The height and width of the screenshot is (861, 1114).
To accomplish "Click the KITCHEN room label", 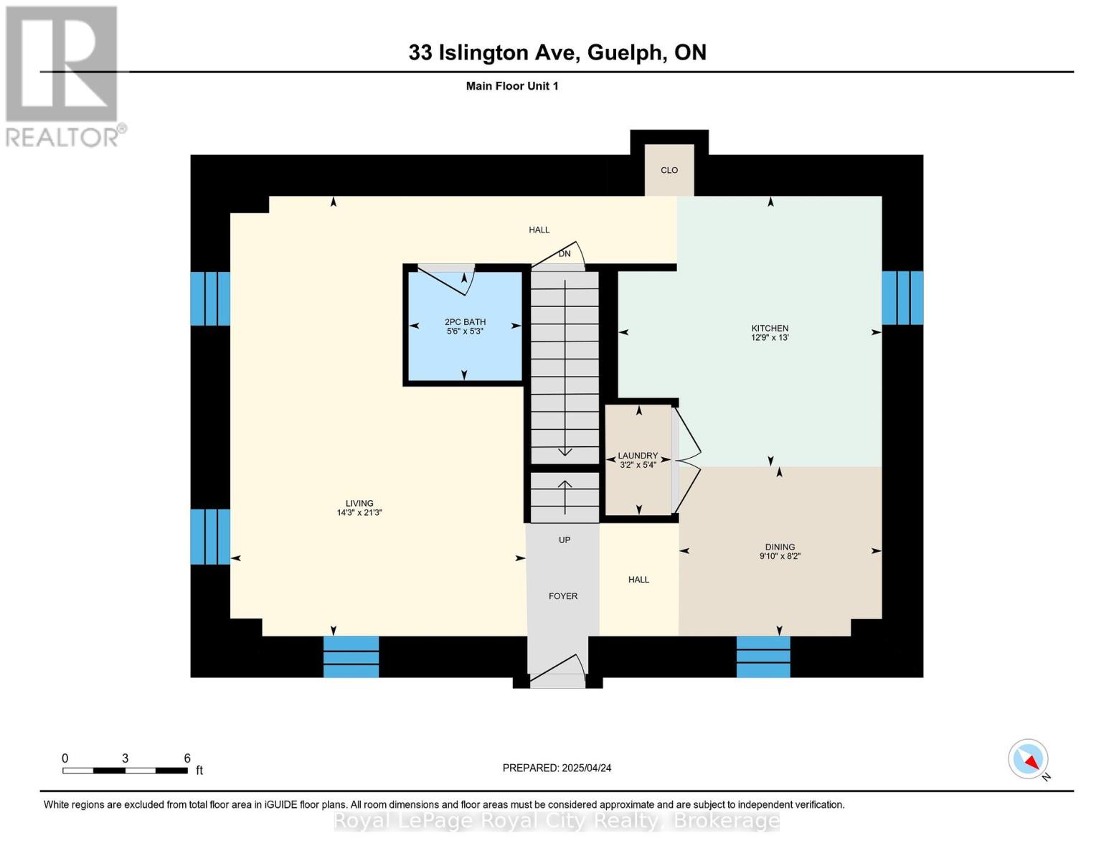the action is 770,328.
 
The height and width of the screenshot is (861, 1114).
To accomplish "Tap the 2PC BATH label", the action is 465,322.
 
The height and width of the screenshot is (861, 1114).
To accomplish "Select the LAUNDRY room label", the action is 638,456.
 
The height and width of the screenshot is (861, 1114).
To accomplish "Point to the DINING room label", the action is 780,547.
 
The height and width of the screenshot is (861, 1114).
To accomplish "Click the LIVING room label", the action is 359,504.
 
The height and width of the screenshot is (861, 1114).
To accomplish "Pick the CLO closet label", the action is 669,170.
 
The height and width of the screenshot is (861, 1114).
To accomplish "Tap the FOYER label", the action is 563,596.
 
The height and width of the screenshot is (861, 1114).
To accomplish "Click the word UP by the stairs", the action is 565,540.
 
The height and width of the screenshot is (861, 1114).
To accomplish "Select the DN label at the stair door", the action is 565,254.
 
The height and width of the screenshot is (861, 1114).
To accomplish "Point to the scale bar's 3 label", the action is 125,758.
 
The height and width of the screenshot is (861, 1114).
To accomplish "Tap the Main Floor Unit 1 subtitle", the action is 511,86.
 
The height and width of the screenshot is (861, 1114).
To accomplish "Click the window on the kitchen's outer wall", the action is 902,298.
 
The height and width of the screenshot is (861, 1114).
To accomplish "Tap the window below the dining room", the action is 763,657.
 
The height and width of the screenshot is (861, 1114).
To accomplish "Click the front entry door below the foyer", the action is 557,672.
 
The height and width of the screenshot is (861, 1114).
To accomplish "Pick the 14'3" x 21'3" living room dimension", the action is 359,513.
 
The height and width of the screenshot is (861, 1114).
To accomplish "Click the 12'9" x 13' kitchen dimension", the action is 770,337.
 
